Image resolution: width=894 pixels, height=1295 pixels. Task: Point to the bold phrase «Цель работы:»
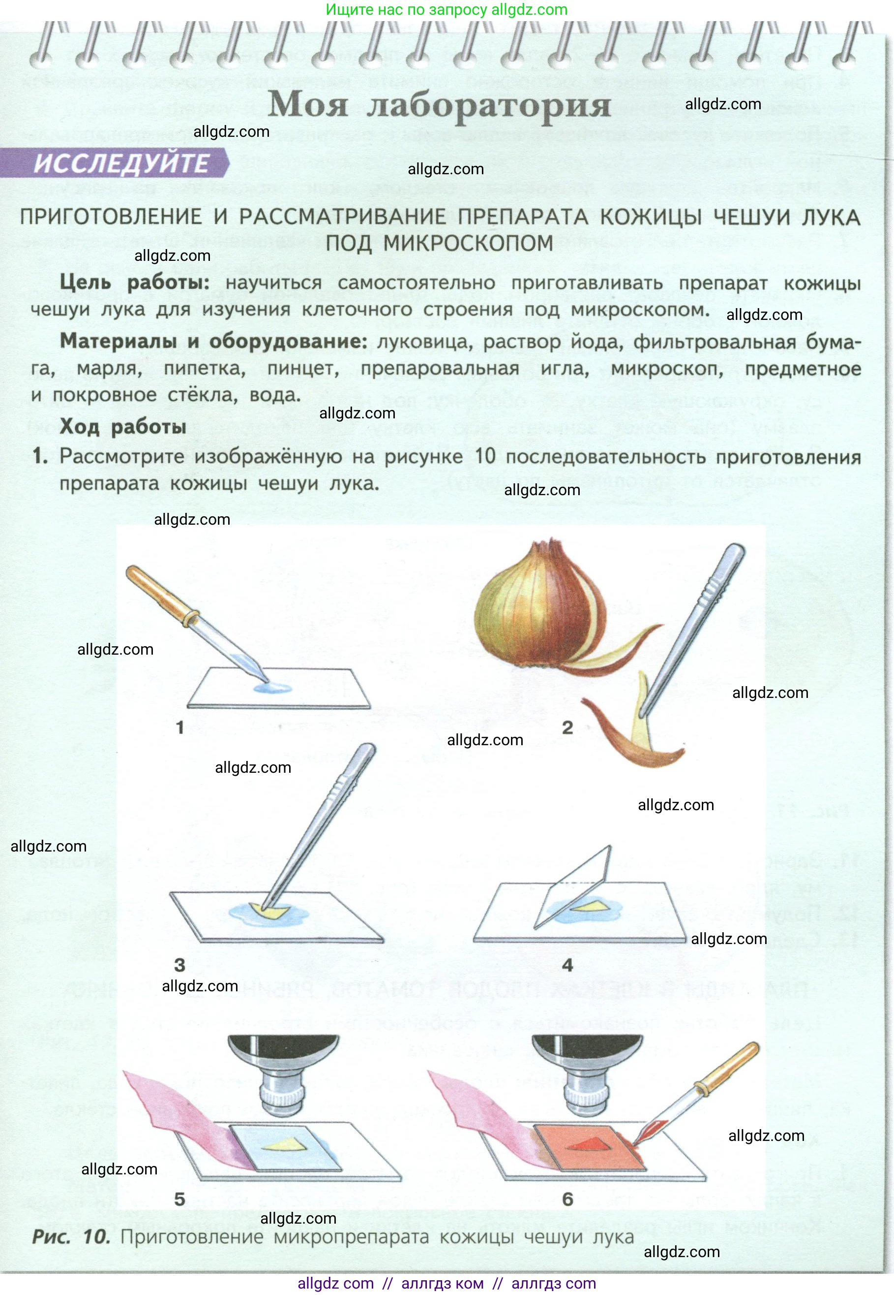pyautogui.click(x=134, y=282)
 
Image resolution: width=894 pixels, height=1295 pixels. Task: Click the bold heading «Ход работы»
pyautogui.click(x=122, y=427)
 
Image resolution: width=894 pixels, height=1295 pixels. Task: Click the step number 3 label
pyautogui.click(x=179, y=965)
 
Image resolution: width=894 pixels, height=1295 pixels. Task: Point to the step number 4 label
pyautogui.click(x=567, y=965)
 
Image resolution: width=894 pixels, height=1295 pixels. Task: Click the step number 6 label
pyautogui.click(x=567, y=1199)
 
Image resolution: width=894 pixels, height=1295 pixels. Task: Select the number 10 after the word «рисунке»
pyautogui.click(x=485, y=456)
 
